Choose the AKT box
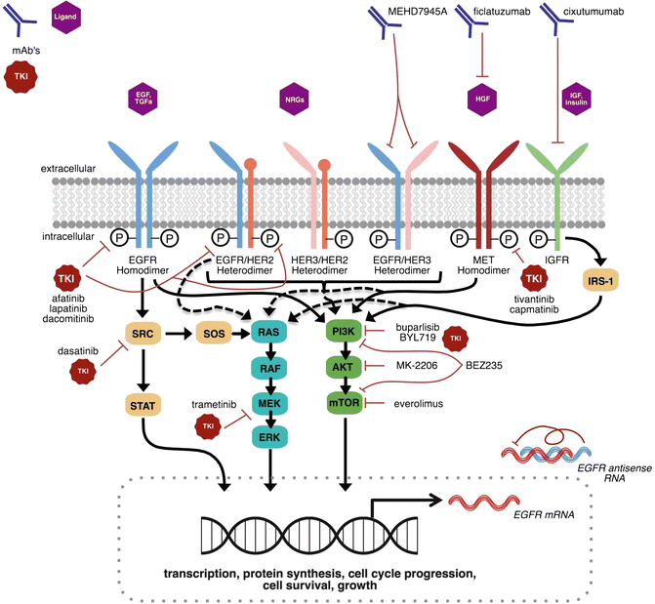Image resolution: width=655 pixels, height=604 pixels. coord(344,368)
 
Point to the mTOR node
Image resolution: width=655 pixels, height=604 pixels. coord(344,400)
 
